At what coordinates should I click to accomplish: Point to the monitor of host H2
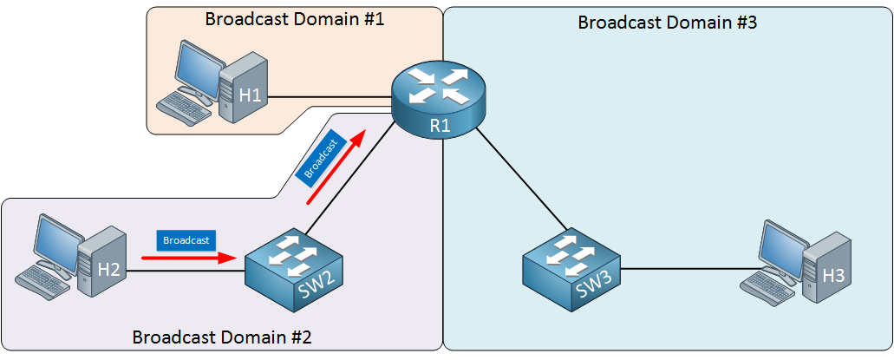(x=54, y=242)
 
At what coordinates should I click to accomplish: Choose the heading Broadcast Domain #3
(x=668, y=23)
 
